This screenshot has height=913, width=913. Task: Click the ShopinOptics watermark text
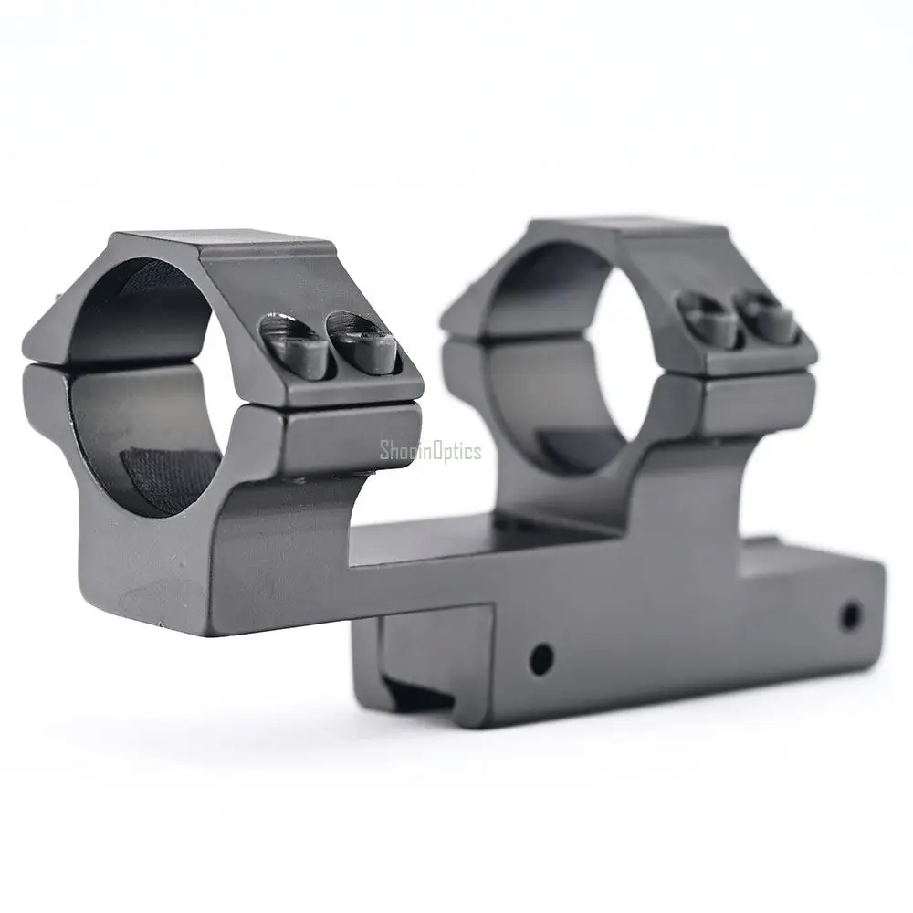tap(430, 451)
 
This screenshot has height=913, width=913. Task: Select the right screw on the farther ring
tap(766, 318)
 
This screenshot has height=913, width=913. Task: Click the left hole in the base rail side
tap(541, 658)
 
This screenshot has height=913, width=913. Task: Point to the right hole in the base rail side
tap(851, 614)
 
